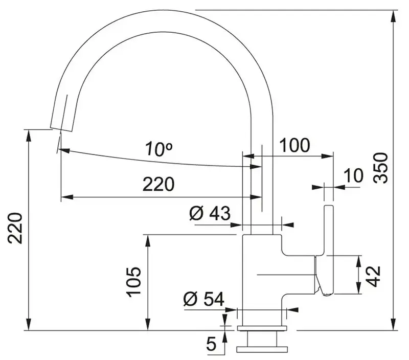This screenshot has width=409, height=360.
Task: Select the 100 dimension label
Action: click(x=294, y=146)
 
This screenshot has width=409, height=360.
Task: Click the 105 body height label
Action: click(x=133, y=282)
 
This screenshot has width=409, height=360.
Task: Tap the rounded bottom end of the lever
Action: click(x=326, y=292)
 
